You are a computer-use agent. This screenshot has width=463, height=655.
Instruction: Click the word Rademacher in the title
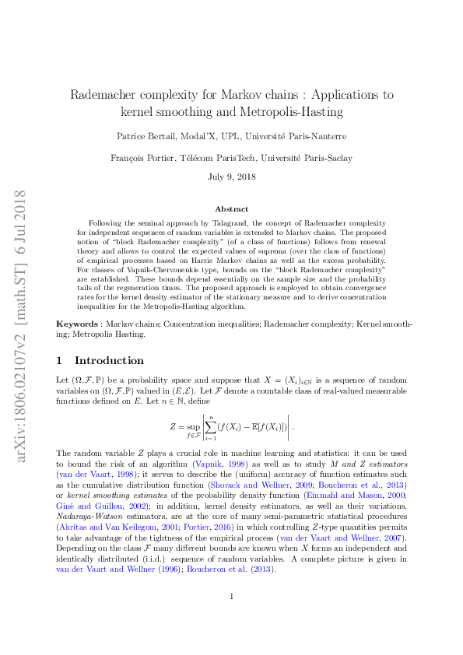point(106,95)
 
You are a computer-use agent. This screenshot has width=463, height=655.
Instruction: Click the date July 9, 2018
point(231,177)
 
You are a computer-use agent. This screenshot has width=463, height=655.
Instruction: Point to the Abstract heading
point(231,209)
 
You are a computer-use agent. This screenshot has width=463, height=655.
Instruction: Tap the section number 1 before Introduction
point(60,360)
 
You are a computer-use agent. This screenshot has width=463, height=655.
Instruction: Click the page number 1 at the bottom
point(231,618)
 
